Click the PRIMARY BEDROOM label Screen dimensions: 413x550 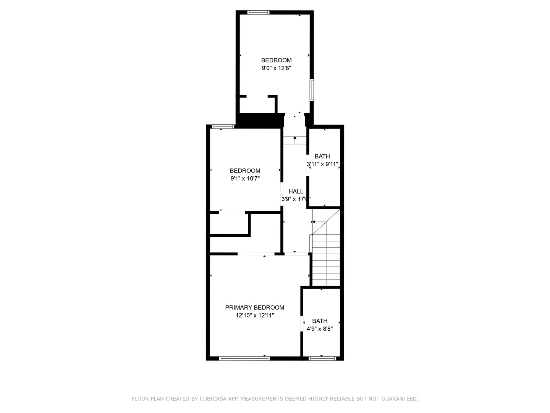click(x=254, y=307)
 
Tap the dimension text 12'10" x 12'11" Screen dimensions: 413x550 click(x=255, y=315)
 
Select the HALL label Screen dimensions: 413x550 click(x=296, y=191)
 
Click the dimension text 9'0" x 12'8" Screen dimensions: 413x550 click(x=276, y=68)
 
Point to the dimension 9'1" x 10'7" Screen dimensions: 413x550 click(x=245, y=178)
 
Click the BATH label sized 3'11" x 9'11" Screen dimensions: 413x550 click(x=322, y=156)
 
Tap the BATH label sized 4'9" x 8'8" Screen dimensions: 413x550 click(x=320, y=321)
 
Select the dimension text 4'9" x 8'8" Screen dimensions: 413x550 click(x=320, y=328)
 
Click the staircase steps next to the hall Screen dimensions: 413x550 click(x=326, y=260)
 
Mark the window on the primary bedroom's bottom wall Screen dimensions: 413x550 click(x=244, y=358)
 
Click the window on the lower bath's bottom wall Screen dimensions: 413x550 click(x=322, y=358)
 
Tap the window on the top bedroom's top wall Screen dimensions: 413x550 click(x=259, y=13)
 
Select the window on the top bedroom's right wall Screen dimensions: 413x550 click(x=312, y=90)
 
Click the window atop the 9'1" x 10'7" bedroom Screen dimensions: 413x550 click(x=223, y=127)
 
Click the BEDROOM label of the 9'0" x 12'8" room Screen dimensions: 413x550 click(x=276, y=60)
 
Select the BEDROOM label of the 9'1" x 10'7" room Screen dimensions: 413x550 click(x=245, y=171)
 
